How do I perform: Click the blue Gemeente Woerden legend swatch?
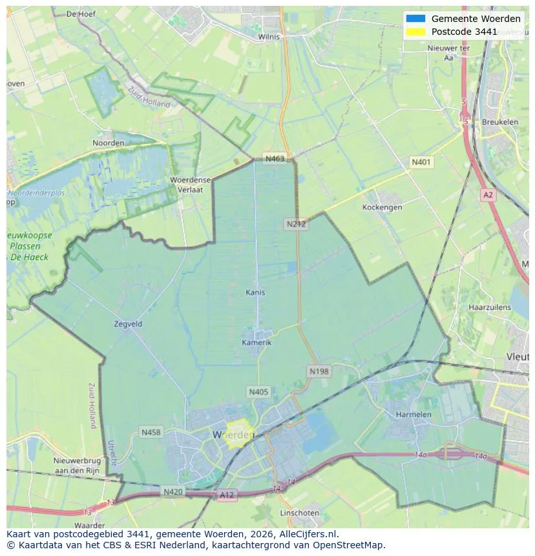coord(415,19)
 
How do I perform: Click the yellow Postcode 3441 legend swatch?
coord(415,32)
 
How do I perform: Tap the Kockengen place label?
coord(382,207)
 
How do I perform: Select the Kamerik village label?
coord(257,342)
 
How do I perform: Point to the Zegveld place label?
coord(127,324)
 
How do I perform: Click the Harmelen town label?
coord(413,414)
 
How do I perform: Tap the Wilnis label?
coord(269,37)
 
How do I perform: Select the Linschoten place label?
coord(299,513)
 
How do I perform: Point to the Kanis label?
coord(255,293)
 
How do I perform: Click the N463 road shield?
coord(275,159)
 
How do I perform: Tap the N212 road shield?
coord(296,224)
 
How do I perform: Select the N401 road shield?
coord(422,162)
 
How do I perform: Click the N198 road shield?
coord(319,371)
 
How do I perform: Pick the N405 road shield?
coord(258,392)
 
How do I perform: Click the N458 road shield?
coord(151,432)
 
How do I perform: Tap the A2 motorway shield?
coord(488,194)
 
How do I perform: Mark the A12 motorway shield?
coord(227,495)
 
